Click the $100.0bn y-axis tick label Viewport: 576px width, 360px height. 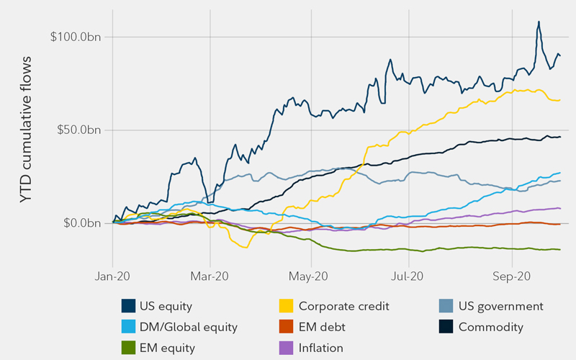[x=76, y=37]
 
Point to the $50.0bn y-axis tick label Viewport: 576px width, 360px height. [x=78, y=130]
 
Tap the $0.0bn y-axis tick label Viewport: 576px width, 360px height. [x=81, y=223]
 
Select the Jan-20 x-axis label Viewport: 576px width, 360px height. [x=113, y=276]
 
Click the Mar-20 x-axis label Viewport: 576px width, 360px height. [x=210, y=276]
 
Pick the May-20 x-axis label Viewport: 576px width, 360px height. [x=309, y=276]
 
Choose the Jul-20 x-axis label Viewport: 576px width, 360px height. [x=408, y=276]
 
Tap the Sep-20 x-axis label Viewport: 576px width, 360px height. [x=510, y=276]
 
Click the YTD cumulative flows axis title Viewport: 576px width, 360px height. [x=27, y=130]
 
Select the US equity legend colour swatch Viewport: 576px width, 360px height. [x=129, y=306]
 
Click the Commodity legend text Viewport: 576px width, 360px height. [x=491, y=327]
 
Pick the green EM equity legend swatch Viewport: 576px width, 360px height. [x=129, y=348]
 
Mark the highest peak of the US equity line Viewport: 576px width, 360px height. [x=539, y=22]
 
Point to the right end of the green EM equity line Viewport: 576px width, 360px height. [x=561, y=250]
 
